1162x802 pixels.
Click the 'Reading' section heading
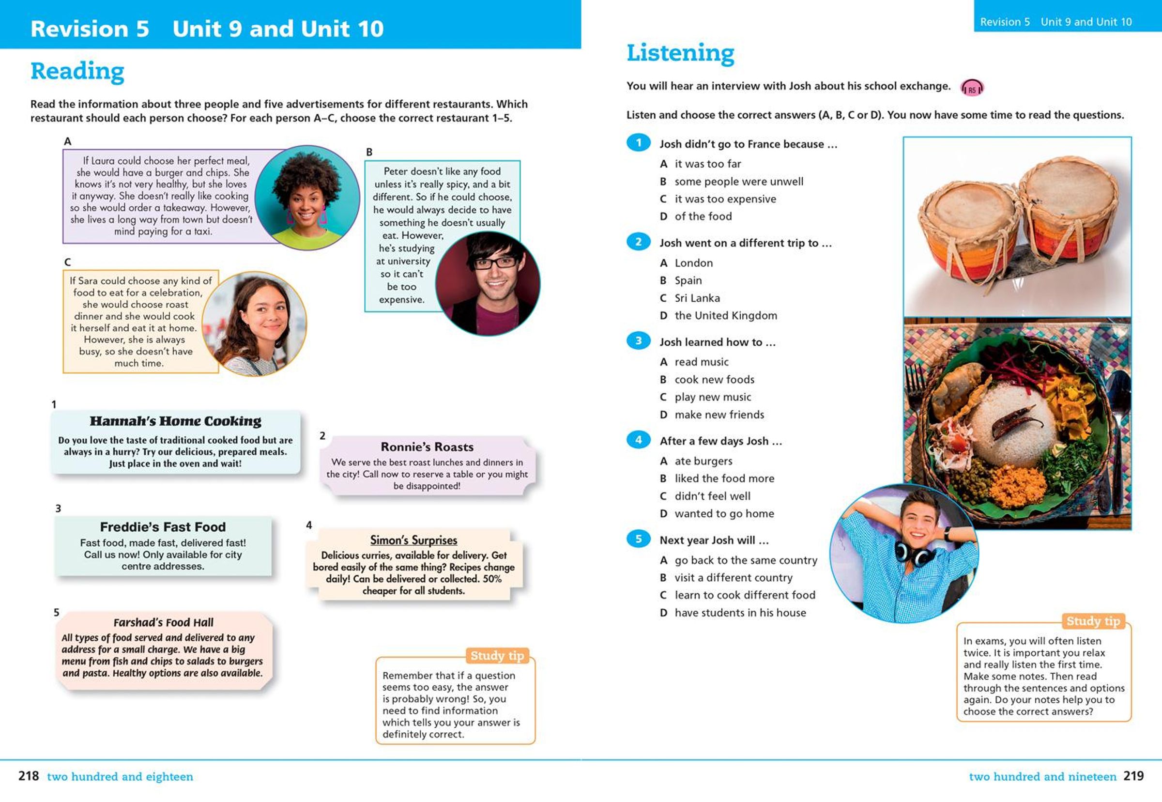tap(77, 71)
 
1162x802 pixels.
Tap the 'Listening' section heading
tap(680, 53)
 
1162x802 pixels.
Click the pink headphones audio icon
tap(972, 88)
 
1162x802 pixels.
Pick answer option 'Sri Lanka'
tap(697, 298)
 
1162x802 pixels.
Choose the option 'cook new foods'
tap(714, 379)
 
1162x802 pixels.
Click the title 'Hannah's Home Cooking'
tap(175, 421)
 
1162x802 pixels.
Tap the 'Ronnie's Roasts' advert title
tap(427, 447)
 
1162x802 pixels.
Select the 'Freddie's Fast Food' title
tap(162, 526)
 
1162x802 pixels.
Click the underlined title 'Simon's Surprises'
tap(413, 540)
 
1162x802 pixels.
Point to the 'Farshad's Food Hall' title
tap(163, 622)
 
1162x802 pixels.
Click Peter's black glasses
tap(494, 263)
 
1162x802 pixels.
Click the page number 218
tap(28, 776)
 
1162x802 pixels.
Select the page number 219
tap(1133, 776)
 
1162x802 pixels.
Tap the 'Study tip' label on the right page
tap(1093, 621)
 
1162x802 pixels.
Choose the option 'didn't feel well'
tap(712, 496)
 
